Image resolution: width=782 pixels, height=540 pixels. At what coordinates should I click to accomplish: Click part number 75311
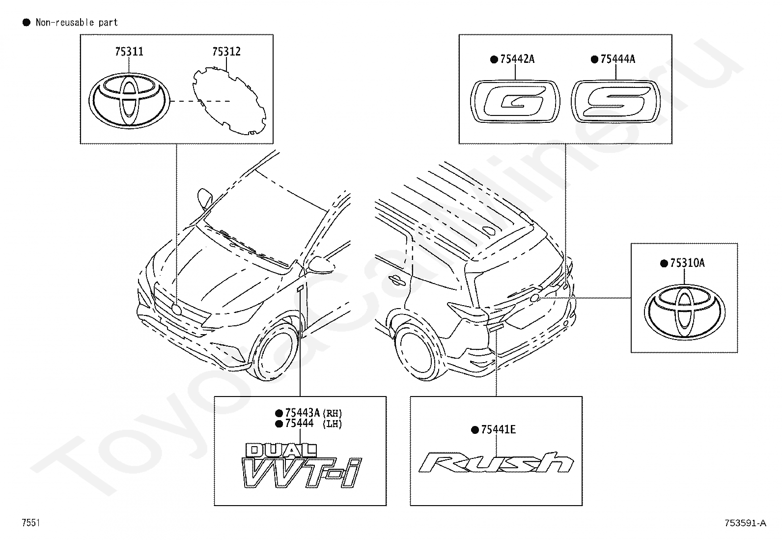coord(129,52)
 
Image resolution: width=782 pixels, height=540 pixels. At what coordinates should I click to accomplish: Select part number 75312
coord(226,52)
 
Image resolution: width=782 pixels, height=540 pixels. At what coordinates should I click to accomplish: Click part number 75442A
coord(517,59)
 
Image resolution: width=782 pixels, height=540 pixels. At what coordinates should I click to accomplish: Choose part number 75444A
coord(617,59)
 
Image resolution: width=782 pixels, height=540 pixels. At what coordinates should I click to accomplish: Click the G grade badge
coord(515,101)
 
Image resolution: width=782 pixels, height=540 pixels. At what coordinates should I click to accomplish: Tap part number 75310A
coord(687,263)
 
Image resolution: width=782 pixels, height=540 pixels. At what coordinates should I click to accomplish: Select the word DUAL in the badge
coord(281,449)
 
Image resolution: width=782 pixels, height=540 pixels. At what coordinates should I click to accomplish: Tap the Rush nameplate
coord(496,463)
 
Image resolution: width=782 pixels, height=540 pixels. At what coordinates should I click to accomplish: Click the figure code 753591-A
coord(745,523)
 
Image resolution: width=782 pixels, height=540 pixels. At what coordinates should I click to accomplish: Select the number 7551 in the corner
coord(30,523)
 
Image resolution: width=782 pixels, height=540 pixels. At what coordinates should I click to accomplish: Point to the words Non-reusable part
coord(77,23)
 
